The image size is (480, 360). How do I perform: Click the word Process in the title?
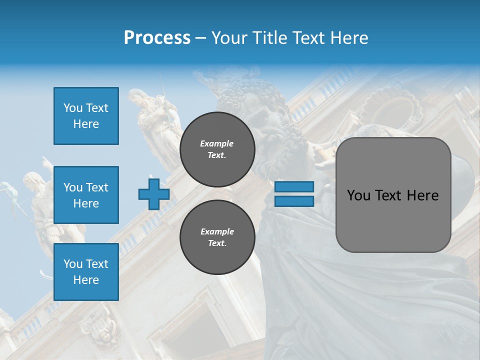(157, 38)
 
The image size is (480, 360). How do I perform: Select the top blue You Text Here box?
(86, 116)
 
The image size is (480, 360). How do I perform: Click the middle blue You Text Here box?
(86, 195)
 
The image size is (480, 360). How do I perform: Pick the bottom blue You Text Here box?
(86, 271)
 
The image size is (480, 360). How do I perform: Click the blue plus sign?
(153, 194)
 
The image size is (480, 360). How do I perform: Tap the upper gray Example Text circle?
(217, 149)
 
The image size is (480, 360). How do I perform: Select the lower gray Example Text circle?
(217, 237)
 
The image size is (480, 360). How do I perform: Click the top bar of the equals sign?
(294, 187)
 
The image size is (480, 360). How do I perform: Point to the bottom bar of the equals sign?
(294, 201)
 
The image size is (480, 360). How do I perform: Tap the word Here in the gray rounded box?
(422, 195)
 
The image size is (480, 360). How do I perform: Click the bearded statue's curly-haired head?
(245, 100)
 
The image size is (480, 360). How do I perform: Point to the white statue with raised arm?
(42, 200)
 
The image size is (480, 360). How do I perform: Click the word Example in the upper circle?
(217, 143)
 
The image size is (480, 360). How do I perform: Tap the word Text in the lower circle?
(217, 243)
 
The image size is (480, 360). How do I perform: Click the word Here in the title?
(348, 38)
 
